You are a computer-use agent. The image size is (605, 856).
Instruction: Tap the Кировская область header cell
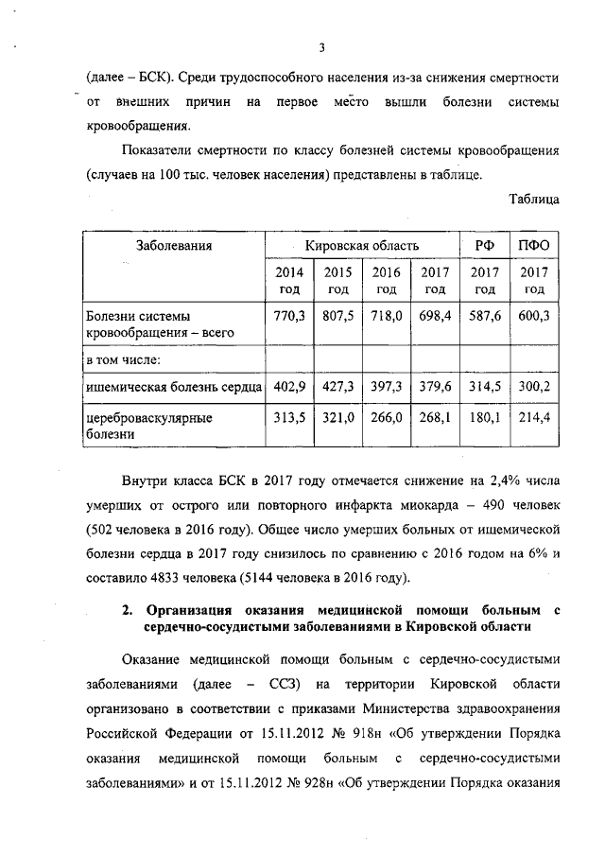coord(361,246)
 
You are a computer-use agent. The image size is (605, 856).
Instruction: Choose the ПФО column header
coord(534,246)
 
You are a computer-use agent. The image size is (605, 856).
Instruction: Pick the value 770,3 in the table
coord(288,317)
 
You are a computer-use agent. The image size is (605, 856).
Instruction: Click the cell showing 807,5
coord(337,317)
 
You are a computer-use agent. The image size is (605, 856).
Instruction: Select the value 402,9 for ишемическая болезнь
coord(288,386)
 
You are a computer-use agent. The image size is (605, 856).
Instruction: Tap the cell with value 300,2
coord(534,386)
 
